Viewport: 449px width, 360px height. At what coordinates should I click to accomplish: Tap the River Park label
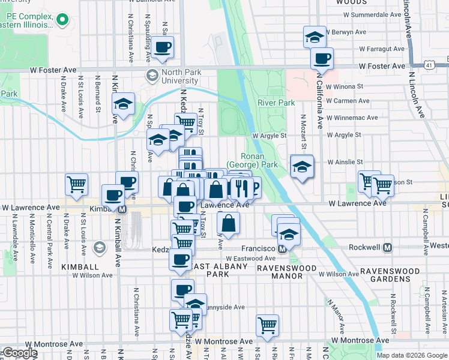(276, 103)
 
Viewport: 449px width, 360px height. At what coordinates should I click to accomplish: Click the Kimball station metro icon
(122, 209)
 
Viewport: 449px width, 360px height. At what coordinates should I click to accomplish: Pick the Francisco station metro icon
(282, 248)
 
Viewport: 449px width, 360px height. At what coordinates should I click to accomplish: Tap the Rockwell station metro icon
(388, 247)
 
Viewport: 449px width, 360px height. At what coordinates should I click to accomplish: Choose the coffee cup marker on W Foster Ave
(322, 59)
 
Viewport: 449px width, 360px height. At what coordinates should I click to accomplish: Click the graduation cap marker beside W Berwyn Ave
(314, 37)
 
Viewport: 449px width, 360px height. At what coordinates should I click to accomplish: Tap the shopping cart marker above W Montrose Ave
(267, 326)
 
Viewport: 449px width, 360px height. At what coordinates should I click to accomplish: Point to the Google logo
(20, 353)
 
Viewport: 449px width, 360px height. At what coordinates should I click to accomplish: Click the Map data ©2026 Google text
(412, 355)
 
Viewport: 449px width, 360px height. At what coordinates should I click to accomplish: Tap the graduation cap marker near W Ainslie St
(302, 166)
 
